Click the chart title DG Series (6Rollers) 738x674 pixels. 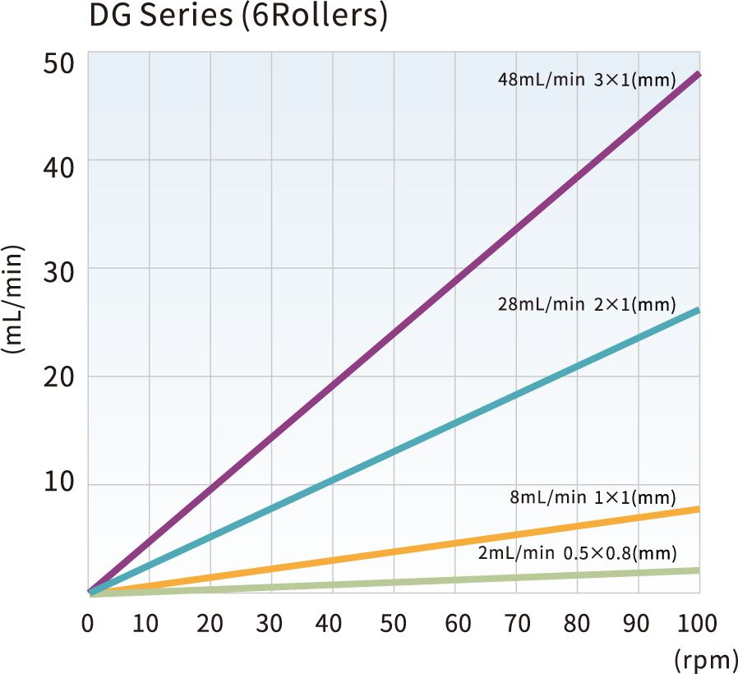[237, 17]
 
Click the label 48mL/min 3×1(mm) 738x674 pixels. [586, 81]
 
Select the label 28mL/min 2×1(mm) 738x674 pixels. [586, 305]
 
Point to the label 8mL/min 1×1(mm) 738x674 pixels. [593, 497]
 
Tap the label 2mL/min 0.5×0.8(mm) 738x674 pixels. [577, 552]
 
